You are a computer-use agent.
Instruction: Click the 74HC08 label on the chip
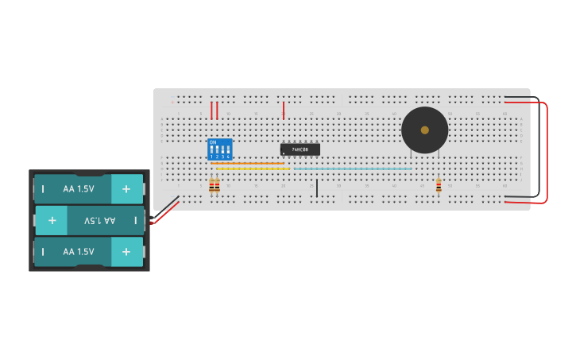pyautogui.click(x=300, y=149)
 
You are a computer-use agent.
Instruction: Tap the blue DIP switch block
pyautogui.click(x=220, y=149)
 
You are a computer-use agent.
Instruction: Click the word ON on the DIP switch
pyautogui.click(x=212, y=142)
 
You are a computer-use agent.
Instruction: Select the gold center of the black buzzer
pyautogui.click(x=425, y=130)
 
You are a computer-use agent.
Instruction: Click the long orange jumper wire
pyautogui.click(x=248, y=164)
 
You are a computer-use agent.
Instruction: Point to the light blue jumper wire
pyautogui.click(x=353, y=168)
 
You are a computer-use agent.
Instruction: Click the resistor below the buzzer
pyautogui.click(x=439, y=186)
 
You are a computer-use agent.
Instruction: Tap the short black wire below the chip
pyautogui.click(x=316, y=188)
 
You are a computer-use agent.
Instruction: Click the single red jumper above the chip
pyautogui.click(x=284, y=110)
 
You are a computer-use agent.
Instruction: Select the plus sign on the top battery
pyautogui.click(x=126, y=189)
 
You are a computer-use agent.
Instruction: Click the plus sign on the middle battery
pyautogui.click(x=52, y=220)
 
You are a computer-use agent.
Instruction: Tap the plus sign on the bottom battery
pyautogui.click(x=126, y=251)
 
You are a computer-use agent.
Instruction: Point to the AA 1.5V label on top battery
pyautogui.click(x=79, y=189)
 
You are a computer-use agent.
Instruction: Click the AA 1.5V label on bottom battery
pyautogui.click(x=79, y=251)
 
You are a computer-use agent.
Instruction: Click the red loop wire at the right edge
pyautogui.click(x=547, y=151)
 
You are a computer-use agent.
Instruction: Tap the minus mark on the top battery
pyautogui.click(x=43, y=189)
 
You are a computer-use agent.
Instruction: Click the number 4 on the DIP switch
pyautogui.click(x=228, y=157)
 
